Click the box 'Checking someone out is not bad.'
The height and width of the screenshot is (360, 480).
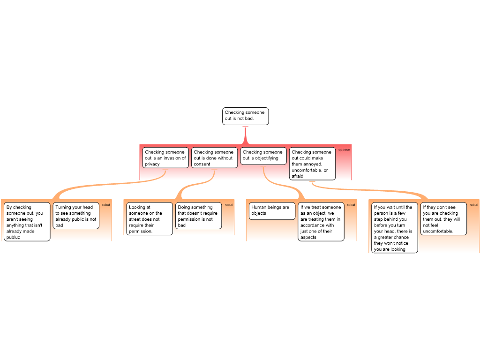click(x=245, y=116)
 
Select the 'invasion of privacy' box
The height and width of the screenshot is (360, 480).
click(x=165, y=158)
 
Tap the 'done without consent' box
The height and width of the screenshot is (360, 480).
click(x=214, y=158)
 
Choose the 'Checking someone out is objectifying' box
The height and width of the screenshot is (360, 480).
click(x=263, y=156)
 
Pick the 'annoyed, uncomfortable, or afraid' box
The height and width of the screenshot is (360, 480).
click(x=312, y=164)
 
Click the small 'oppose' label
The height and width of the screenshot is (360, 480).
click(x=344, y=150)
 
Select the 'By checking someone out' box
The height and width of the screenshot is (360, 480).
click(x=26, y=222)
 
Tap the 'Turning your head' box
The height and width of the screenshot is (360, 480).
click(x=76, y=216)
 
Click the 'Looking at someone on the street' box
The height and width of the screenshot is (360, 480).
click(x=150, y=218)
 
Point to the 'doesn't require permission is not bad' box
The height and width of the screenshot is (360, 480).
click(x=198, y=216)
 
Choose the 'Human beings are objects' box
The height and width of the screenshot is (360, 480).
click(x=272, y=210)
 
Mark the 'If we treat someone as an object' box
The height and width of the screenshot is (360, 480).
click(x=321, y=222)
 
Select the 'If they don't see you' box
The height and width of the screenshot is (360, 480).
click(x=443, y=218)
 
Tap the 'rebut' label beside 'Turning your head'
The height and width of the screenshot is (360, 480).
click(x=106, y=205)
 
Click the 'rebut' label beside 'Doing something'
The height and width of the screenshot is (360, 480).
click(x=229, y=205)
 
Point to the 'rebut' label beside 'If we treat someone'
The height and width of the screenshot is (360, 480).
click(x=351, y=205)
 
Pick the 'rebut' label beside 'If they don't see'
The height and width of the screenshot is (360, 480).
click(x=474, y=205)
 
